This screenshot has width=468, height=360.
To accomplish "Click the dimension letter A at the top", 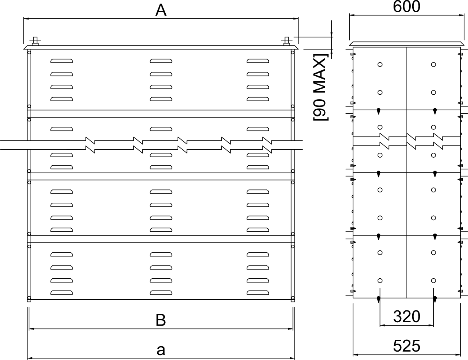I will point(161,10).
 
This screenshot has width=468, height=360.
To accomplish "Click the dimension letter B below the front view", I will point(161,320).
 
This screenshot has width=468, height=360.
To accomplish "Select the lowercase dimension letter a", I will point(161,350).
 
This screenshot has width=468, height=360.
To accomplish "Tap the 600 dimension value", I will point(406,7).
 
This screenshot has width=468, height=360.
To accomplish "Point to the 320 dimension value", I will point(407,317).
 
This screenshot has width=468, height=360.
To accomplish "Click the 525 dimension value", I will point(407,346).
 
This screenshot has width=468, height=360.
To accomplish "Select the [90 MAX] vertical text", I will point(320,87).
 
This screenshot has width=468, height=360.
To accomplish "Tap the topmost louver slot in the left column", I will point(61,61).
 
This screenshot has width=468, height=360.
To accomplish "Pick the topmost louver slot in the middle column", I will point(161,61).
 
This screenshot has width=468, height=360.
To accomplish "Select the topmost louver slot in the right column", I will point(258,61).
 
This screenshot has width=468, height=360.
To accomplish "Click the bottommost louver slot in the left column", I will point(61,293).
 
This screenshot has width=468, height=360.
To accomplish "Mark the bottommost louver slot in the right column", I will point(258,293).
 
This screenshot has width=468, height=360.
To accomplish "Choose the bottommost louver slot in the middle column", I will point(161,293).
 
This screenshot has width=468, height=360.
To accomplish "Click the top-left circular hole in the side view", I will point(380,65).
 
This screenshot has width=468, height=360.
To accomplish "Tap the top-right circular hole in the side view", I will point(434,65).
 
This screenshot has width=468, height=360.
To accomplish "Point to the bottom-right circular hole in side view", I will point(434,280).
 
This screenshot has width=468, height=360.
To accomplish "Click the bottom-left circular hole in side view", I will point(380,280).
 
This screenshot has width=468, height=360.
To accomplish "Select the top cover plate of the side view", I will point(407,44).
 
